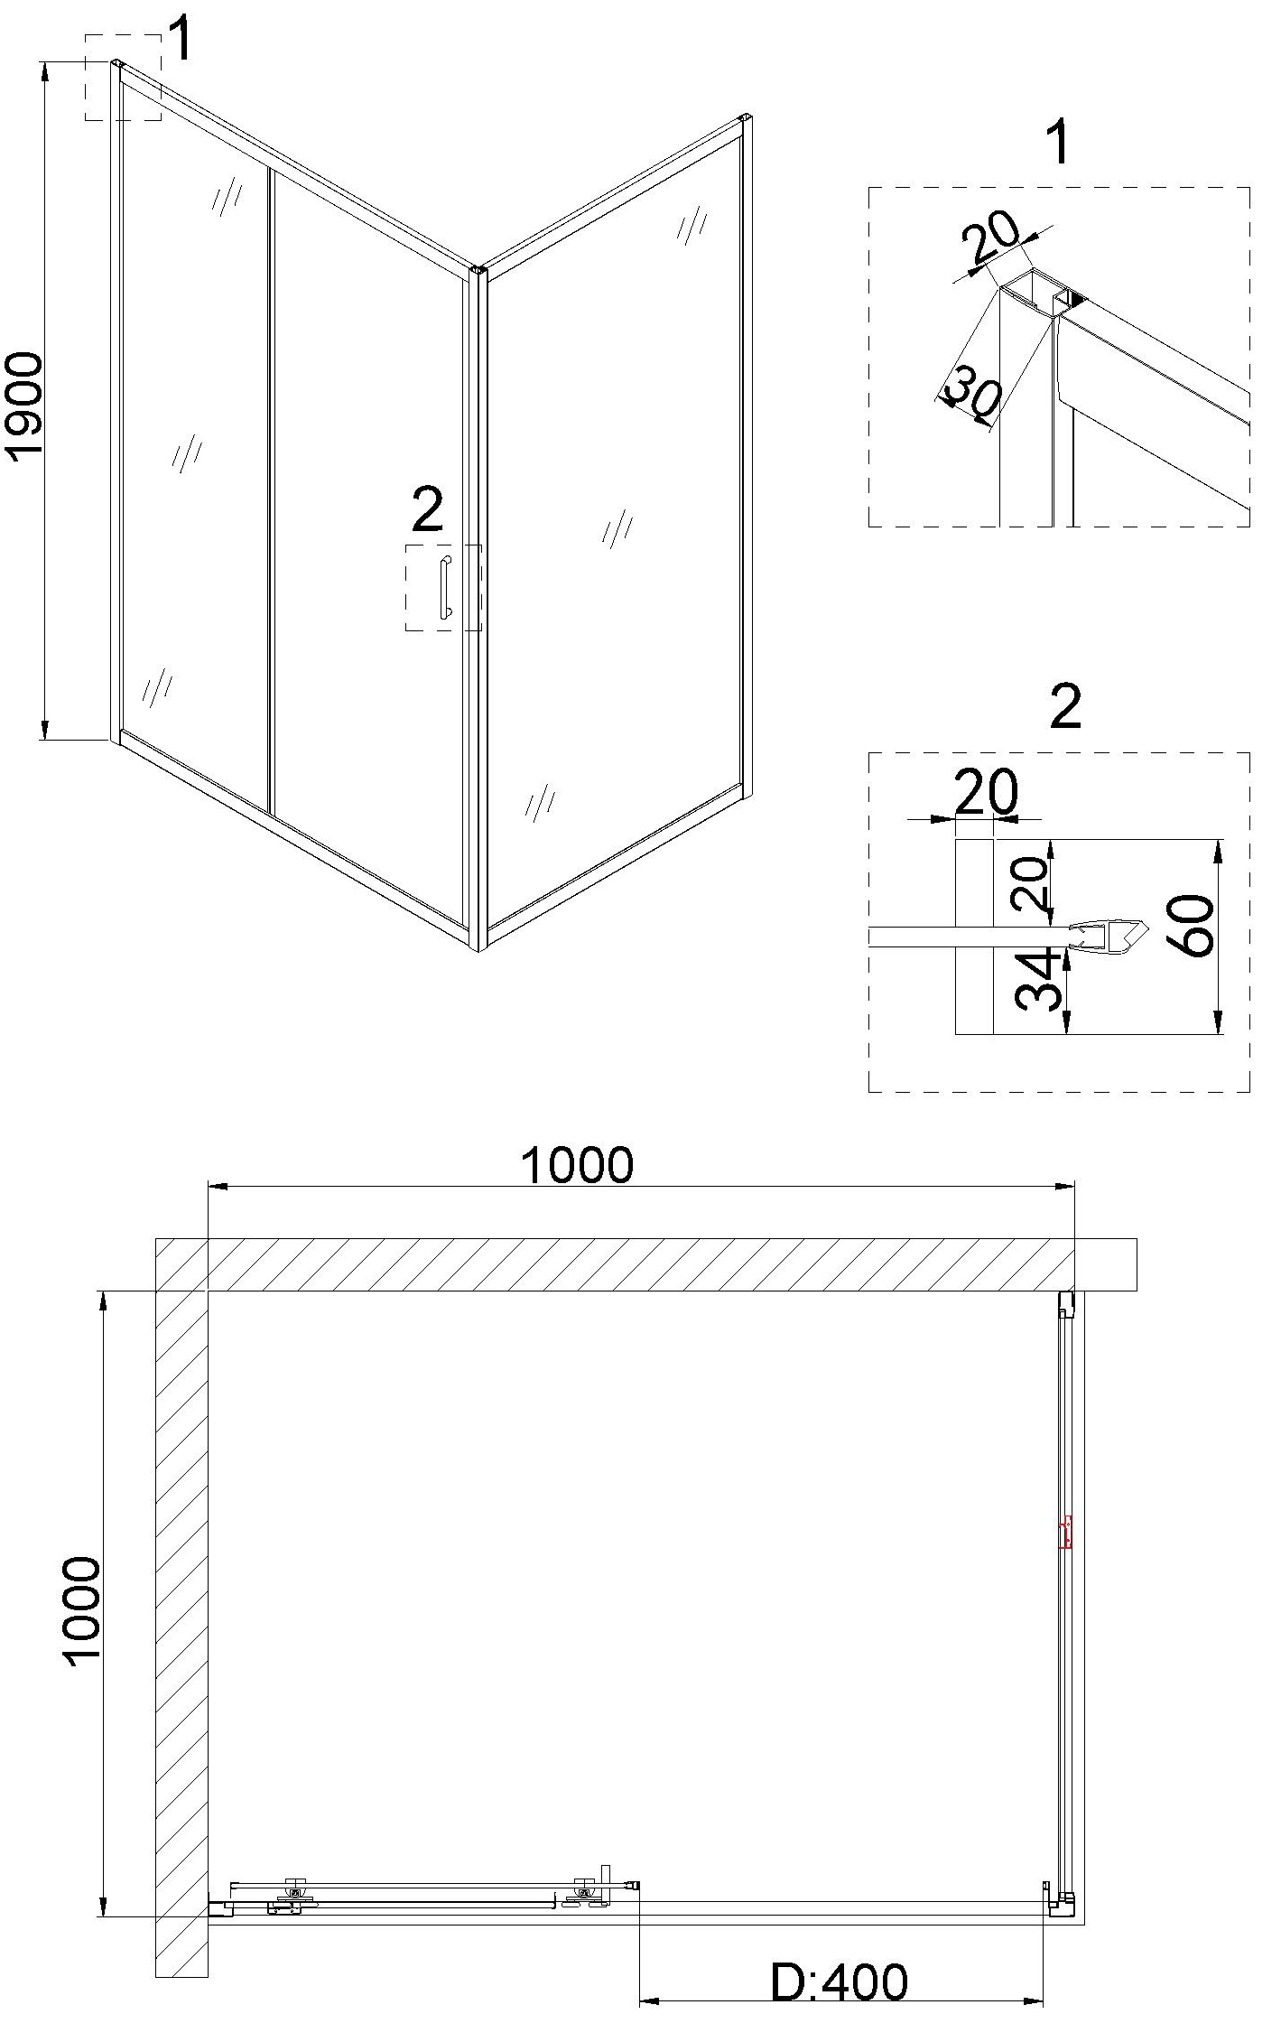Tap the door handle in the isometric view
click(445, 588)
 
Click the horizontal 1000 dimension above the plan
click(578, 1165)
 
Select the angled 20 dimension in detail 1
click(989, 238)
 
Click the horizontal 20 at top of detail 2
click(985, 791)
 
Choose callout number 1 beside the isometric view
click(181, 40)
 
